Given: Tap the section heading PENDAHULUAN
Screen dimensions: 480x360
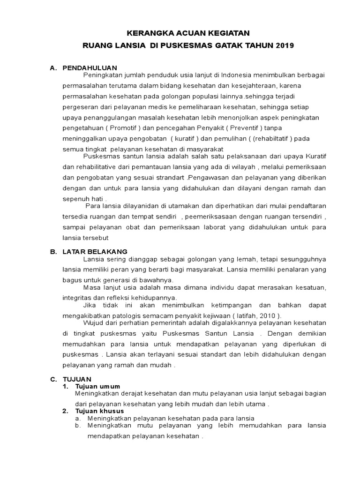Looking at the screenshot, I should click(90, 68).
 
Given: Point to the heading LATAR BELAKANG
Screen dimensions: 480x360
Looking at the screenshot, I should click(95, 252).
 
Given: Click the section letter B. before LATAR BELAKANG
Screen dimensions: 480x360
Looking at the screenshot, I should click(53, 252).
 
